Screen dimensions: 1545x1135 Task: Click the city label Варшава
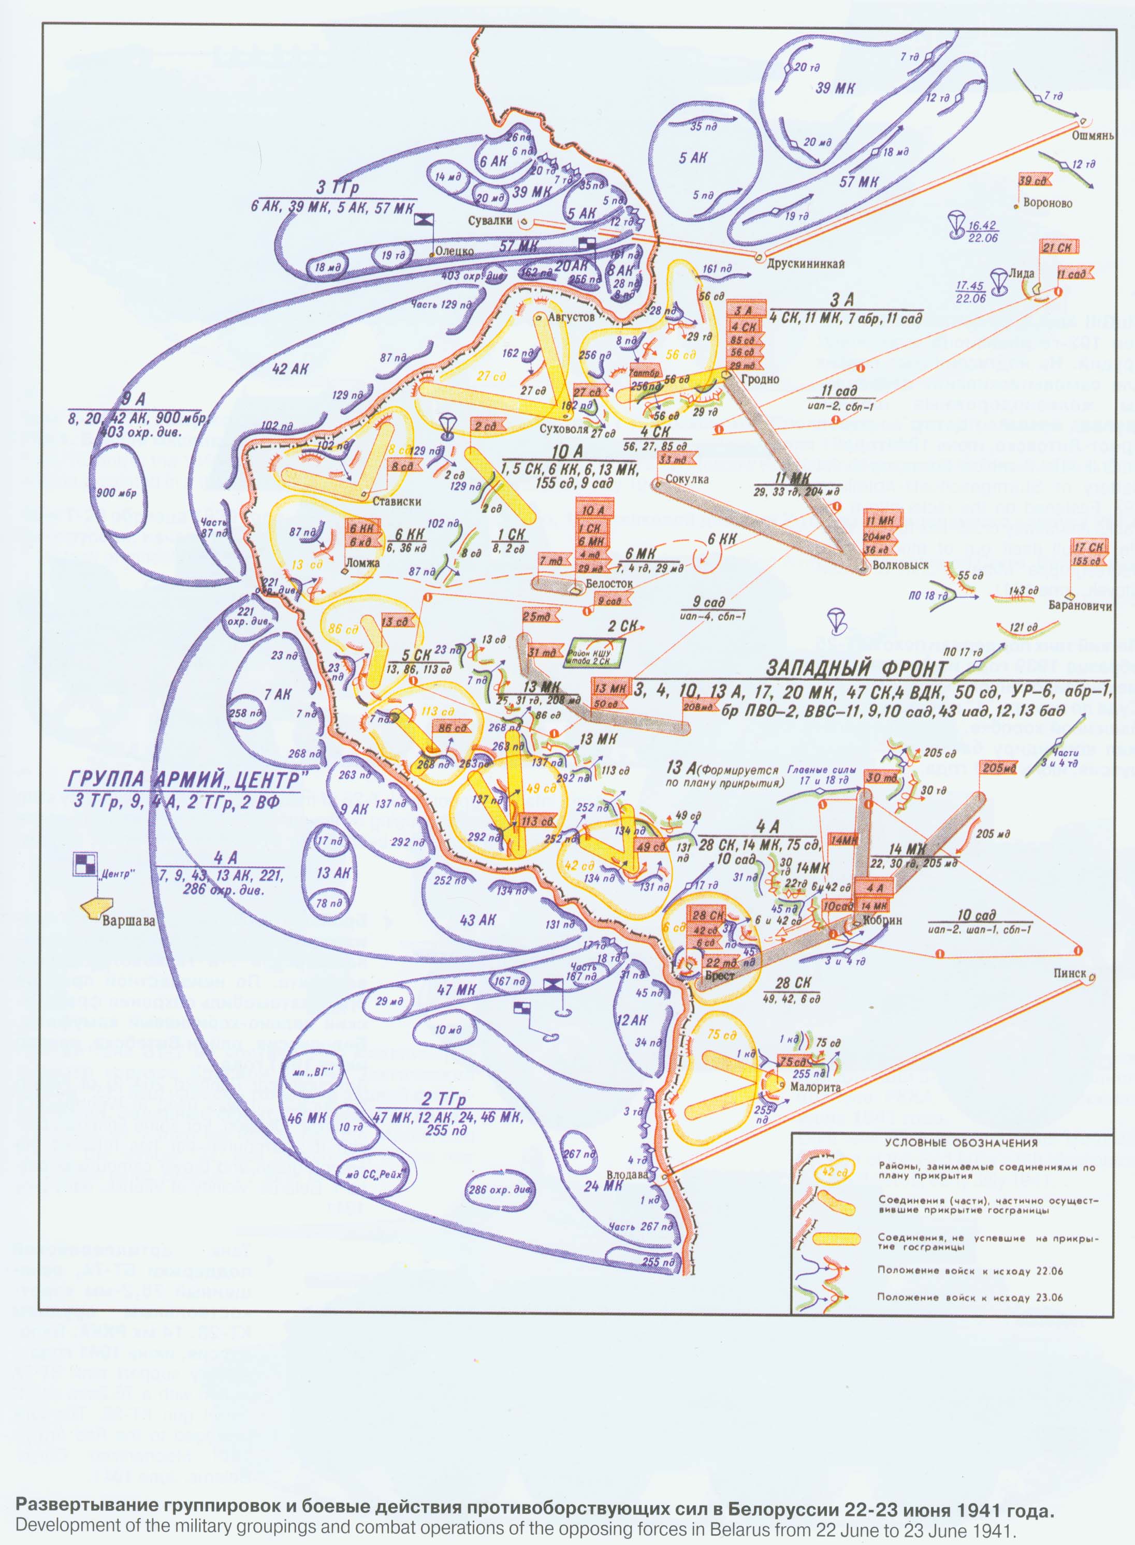tap(128, 921)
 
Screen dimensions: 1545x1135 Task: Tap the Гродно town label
tap(761, 378)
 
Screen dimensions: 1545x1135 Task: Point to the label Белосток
tap(609, 583)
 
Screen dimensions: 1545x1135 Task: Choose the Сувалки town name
tap(490, 221)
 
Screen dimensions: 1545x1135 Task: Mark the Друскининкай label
tap(805, 263)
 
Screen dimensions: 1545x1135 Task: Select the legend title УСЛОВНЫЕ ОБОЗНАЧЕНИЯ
tap(961, 1143)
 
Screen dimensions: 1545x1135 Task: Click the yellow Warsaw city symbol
tap(95, 906)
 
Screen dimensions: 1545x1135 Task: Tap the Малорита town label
tap(816, 1087)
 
